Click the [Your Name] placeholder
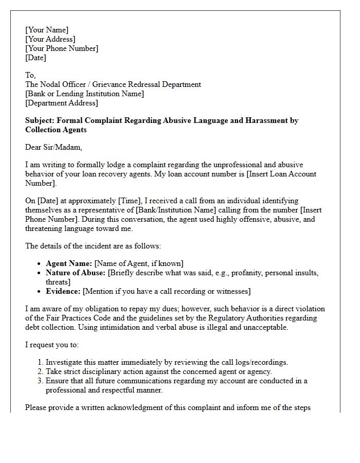47,30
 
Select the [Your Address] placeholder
50,39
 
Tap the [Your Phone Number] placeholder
62,48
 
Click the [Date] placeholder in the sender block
35,58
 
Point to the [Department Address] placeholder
61,103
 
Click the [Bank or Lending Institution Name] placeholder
84,94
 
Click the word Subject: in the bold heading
40,120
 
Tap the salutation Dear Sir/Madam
53,147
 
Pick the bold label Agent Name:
69,263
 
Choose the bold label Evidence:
63,291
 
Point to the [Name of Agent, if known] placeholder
139,263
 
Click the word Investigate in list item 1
64,362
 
